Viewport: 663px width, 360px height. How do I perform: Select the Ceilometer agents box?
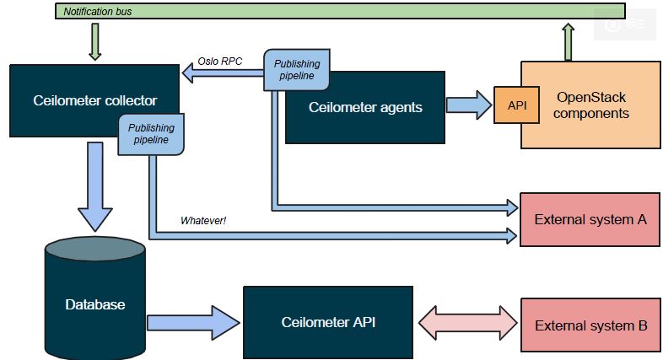[x=364, y=107]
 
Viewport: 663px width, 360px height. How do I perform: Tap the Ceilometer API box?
[x=328, y=322]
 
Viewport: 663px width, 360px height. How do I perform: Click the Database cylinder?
[x=95, y=304]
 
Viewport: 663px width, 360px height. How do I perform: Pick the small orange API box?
[x=516, y=105]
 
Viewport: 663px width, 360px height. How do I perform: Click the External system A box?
[x=590, y=219]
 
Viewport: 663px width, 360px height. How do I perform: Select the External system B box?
[x=590, y=325]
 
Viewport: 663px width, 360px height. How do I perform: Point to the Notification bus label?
[x=98, y=12]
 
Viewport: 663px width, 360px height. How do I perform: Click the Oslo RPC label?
[x=220, y=62]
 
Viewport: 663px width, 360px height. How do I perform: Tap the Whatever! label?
[x=203, y=221]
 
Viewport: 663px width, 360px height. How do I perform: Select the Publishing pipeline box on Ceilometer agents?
[x=296, y=69]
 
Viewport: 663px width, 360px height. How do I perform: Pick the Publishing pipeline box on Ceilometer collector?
[x=151, y=134]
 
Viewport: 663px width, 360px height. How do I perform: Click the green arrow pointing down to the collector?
[x=94, y=41]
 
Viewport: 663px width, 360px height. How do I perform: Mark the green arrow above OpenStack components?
[x=568, y=41]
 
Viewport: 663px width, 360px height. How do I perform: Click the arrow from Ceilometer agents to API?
[x=468, y=105]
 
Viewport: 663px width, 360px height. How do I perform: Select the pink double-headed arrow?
[x=466, y=323]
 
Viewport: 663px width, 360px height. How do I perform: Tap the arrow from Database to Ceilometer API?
[x=193, y=323]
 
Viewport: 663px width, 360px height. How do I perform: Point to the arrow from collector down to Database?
[x=95, y=185]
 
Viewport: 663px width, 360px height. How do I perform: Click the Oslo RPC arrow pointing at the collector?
[x=223, y=76]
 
